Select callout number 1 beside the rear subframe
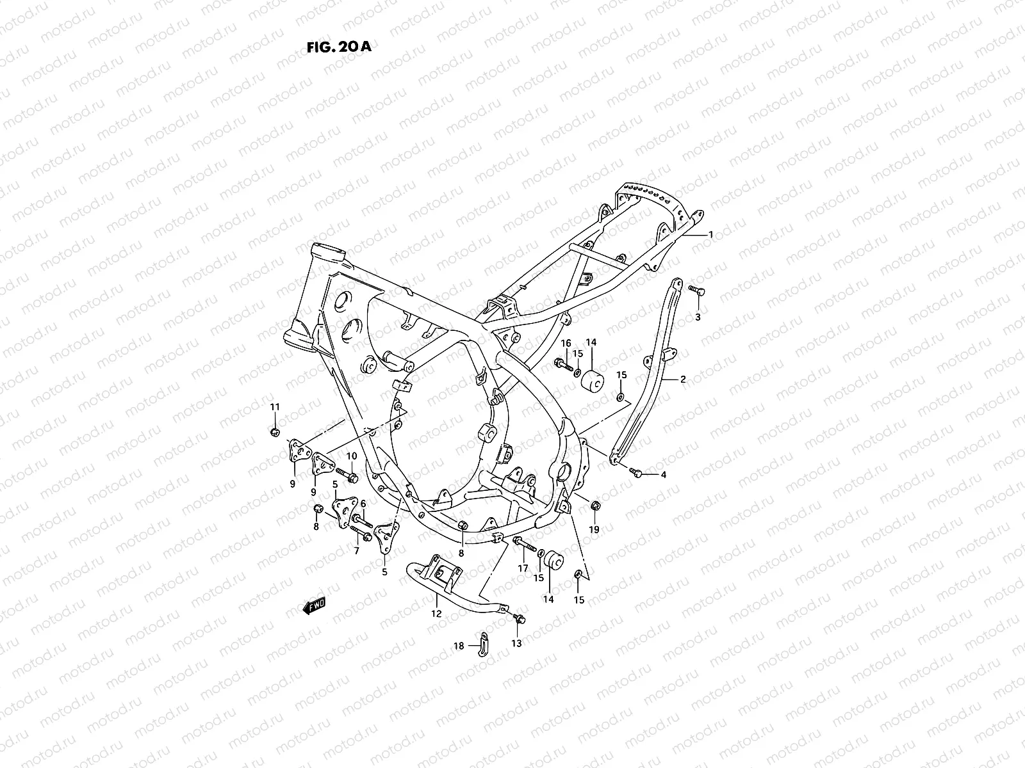[x=710, y=234]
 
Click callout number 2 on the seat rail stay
[x=683, y=380]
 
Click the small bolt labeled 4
[x=637, y=472]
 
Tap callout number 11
[x=275, y=407]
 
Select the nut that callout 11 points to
[x=275, y=432]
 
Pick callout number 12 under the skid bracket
[x=436, y=614]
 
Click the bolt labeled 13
[x=520, y=620]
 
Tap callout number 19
[x=594, y=529]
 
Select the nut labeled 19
[x=594, y=506]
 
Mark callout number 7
[x=357, y=550]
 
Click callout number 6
[x=363, y=504]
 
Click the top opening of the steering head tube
[x=325, y=252]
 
